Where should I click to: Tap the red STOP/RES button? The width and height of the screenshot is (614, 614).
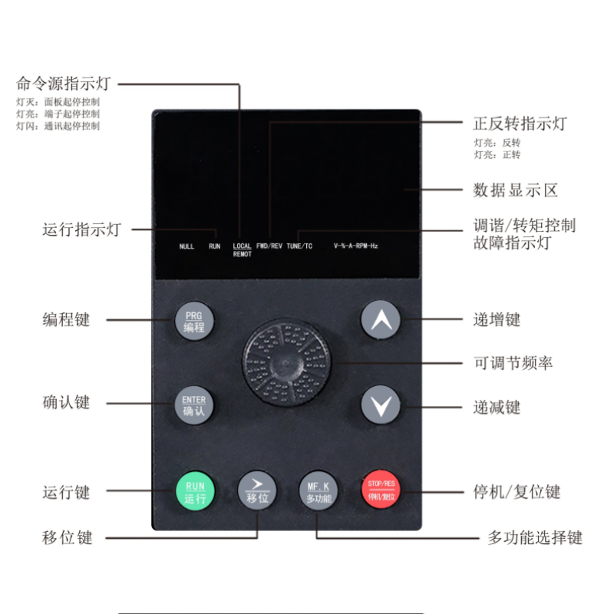coord(381,490)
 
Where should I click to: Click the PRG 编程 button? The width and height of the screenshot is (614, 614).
coord(194,322)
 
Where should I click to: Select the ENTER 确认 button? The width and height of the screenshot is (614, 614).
coord(194,405)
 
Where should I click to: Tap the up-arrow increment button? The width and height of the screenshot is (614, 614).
coord(381,322)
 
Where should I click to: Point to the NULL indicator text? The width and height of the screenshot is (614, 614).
coord(187,246)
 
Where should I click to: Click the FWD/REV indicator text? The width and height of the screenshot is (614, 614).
coord(269,246)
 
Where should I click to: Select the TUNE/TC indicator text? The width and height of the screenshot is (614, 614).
coord(299,246)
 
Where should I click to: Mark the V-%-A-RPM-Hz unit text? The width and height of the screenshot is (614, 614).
coord(355,246)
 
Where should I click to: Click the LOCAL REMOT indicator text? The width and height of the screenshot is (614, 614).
coord(242,249)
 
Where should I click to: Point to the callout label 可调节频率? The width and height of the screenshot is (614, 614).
coord(513,362)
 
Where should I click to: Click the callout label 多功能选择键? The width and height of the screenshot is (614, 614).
coord(535,538)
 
